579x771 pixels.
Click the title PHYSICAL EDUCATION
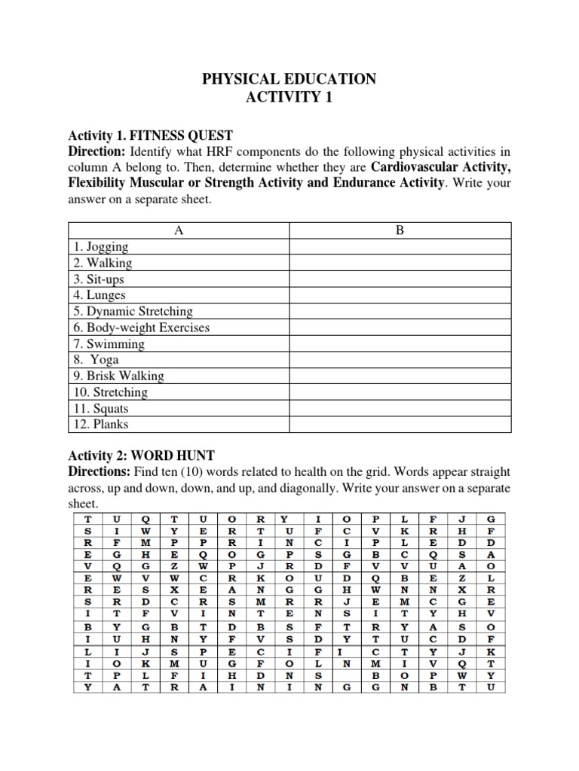click(289, 79)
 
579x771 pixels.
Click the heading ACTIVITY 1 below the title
click(289, 98)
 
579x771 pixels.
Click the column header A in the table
click(179, 231)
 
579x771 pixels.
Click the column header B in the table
click(400, 231)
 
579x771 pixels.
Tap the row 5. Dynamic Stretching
click(133, 311)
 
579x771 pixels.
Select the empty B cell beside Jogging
click(400, 247)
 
